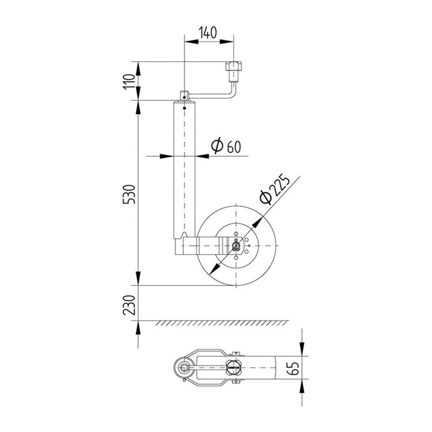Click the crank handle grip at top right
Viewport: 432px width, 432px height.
(x=234, y=69)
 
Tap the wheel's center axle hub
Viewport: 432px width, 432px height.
(x=236, y=246)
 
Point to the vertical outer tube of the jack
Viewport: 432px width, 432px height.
(x=184, y=167)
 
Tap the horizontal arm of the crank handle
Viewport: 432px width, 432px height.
(x=211, y=97)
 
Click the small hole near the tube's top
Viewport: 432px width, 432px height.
(x=185, y=107)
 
